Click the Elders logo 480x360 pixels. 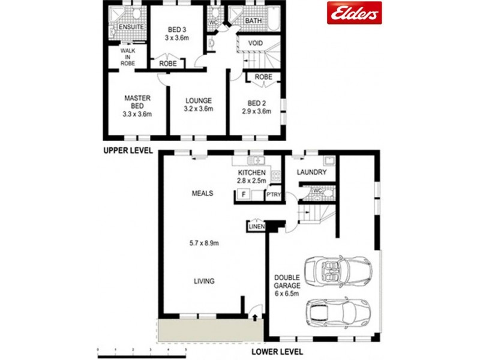(x=354, y=13)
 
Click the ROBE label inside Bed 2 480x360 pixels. (x=263, y=77)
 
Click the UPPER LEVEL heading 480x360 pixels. (x=127, y=150)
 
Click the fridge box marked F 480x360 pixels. (x=243, y=194)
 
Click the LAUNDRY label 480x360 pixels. (x=312, y=173)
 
